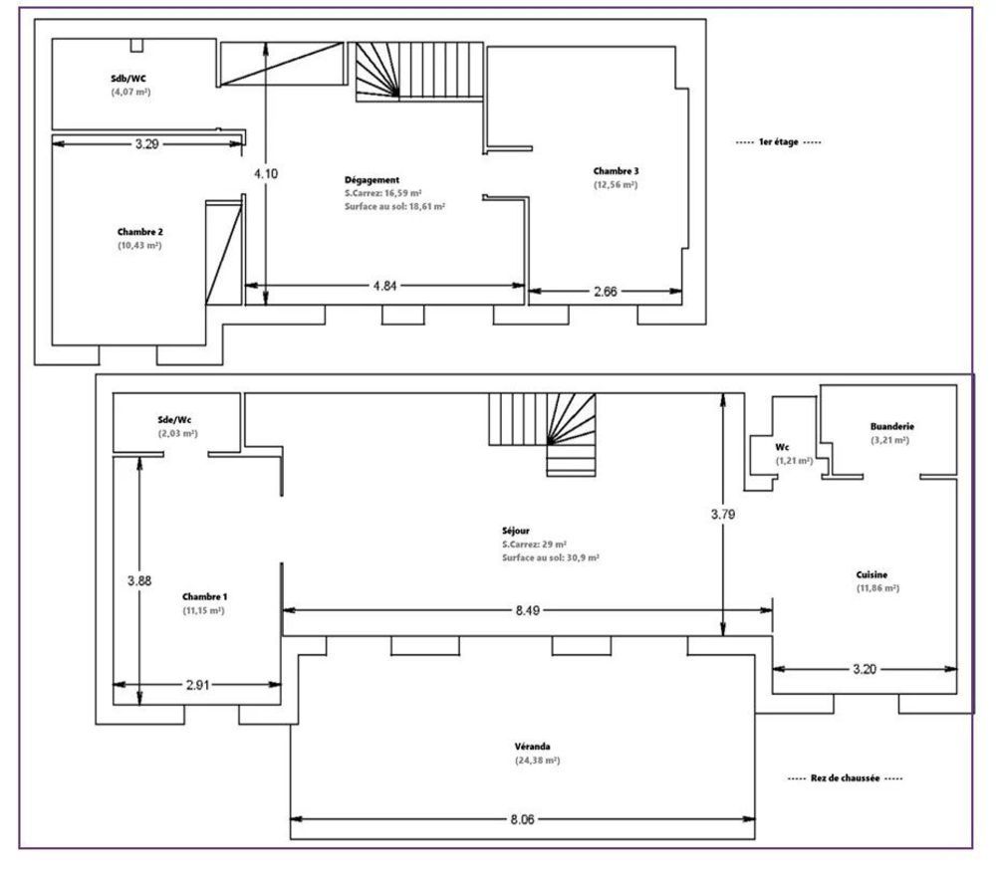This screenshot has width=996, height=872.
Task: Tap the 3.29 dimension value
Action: click(x=146, y=144)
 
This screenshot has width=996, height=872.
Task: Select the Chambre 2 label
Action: click(x=139, y=231)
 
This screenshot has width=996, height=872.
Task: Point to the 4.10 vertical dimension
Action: click(x=266, y=173)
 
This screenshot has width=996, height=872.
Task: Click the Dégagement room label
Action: click(x=372, y=179)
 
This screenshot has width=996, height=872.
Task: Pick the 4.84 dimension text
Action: click(x=384, y=287)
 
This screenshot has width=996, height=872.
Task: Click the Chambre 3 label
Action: click(x=616, y=170)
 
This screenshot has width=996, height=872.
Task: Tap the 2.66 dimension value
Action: click(x=605, y=292)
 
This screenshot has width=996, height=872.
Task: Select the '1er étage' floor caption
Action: click(x=779, y=142)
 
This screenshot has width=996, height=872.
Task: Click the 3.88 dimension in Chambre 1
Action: click(x=139, y=581)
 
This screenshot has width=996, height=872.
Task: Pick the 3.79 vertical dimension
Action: click(x=724, y=515)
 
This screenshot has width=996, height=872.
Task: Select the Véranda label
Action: click(x=533, y=746)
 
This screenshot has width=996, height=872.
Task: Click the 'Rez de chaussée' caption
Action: click(x=844, y=778)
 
